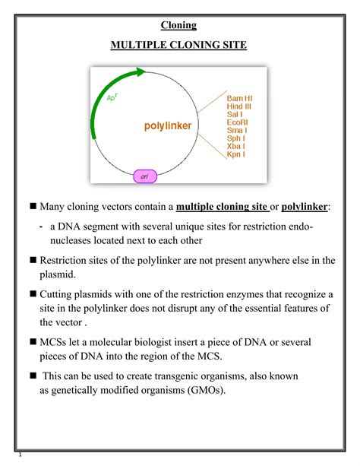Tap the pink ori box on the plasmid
(144, 176)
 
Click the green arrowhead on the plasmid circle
(139, 74)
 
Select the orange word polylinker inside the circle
(169, 125)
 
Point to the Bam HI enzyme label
(241, 99)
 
